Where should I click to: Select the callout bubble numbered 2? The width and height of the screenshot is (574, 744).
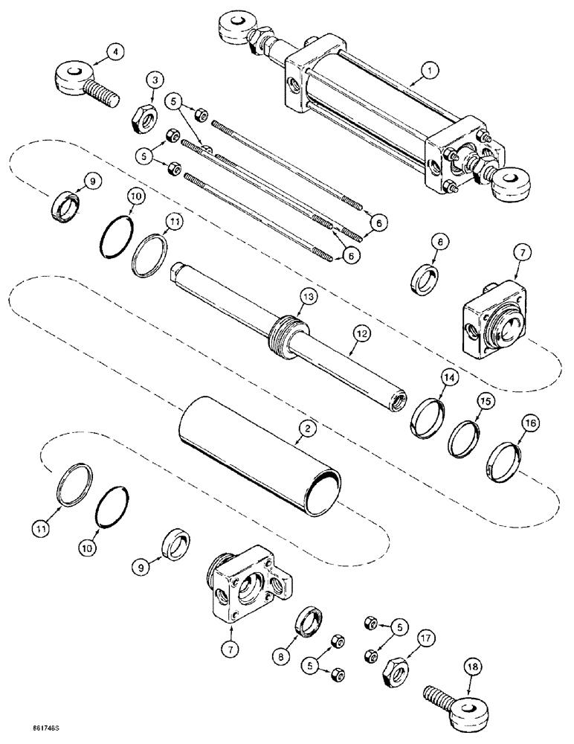tap(304, 427)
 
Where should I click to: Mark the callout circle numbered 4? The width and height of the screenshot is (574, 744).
tap(113, 51)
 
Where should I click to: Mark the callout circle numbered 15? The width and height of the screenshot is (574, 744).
tap(484, 402)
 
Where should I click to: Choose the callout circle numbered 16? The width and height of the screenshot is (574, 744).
tap(528, 425)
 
